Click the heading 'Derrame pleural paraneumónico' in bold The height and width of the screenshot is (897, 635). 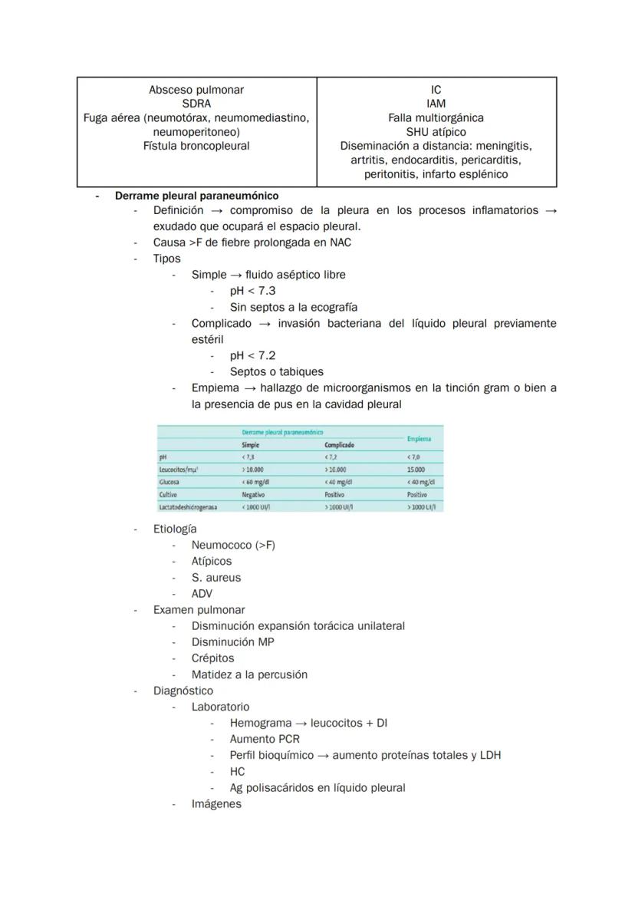[196, 196]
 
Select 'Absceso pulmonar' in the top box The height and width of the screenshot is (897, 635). [196, 90]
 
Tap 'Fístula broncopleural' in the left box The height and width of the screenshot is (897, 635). [196, 146]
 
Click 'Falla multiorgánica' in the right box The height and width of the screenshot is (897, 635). [436, 118]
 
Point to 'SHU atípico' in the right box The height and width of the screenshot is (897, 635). [436, 132]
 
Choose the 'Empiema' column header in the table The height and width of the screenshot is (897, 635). [419, 439]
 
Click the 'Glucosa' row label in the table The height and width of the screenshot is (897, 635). [169, 483]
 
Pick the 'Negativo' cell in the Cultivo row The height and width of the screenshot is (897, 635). [254, 495]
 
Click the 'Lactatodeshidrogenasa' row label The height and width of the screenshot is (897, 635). [188, 507]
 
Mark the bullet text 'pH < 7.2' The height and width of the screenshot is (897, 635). [252, 355]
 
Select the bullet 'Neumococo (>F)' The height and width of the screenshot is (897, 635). [233, 545]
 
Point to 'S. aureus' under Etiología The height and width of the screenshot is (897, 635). [216, 577]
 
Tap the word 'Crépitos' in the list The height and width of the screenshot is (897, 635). [213, 658]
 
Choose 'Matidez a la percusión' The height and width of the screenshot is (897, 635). [249, 674]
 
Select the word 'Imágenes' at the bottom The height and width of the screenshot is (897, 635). [216, 803]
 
